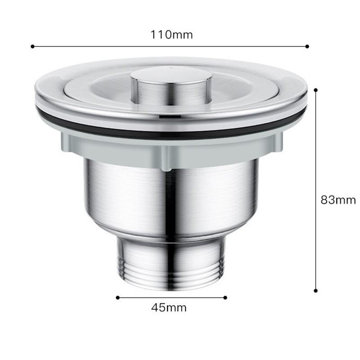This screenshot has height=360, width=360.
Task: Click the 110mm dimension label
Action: (171, 35)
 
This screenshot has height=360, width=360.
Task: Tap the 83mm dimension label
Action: (338, 200)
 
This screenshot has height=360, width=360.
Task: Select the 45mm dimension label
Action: (169, 308)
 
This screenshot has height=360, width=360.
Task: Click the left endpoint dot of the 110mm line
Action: (32, 46)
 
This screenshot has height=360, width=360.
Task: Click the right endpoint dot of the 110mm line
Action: (307, 46)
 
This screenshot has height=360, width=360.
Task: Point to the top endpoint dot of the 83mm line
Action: (316, 90)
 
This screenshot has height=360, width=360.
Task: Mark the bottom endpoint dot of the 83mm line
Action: (316, 291)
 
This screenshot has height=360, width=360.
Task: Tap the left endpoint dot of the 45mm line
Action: (118, 297)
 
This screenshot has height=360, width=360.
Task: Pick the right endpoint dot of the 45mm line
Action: (225, 297)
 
